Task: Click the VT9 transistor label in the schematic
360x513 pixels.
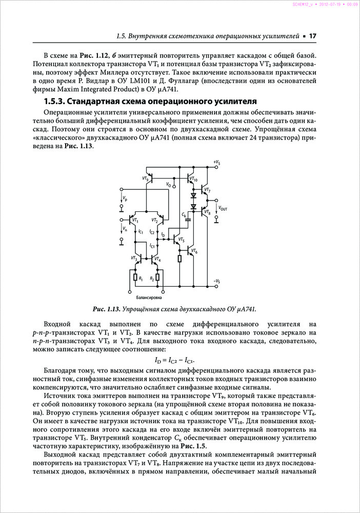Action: pyautogui.click(x=146, y=179)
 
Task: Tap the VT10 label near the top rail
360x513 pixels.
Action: pyautogui.click(x=193, y=179)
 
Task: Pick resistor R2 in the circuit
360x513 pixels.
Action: pyautogui.click(x=157, y=278)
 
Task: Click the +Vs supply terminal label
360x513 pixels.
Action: pyautogui.click(x=217, y=163)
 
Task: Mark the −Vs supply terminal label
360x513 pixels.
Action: pyautogui.click(x=217, y=281)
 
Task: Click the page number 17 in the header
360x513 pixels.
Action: pyautogui.click(x=312, y=36)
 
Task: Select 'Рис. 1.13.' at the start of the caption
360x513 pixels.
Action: pyautogui.click(x=106, y=309)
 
